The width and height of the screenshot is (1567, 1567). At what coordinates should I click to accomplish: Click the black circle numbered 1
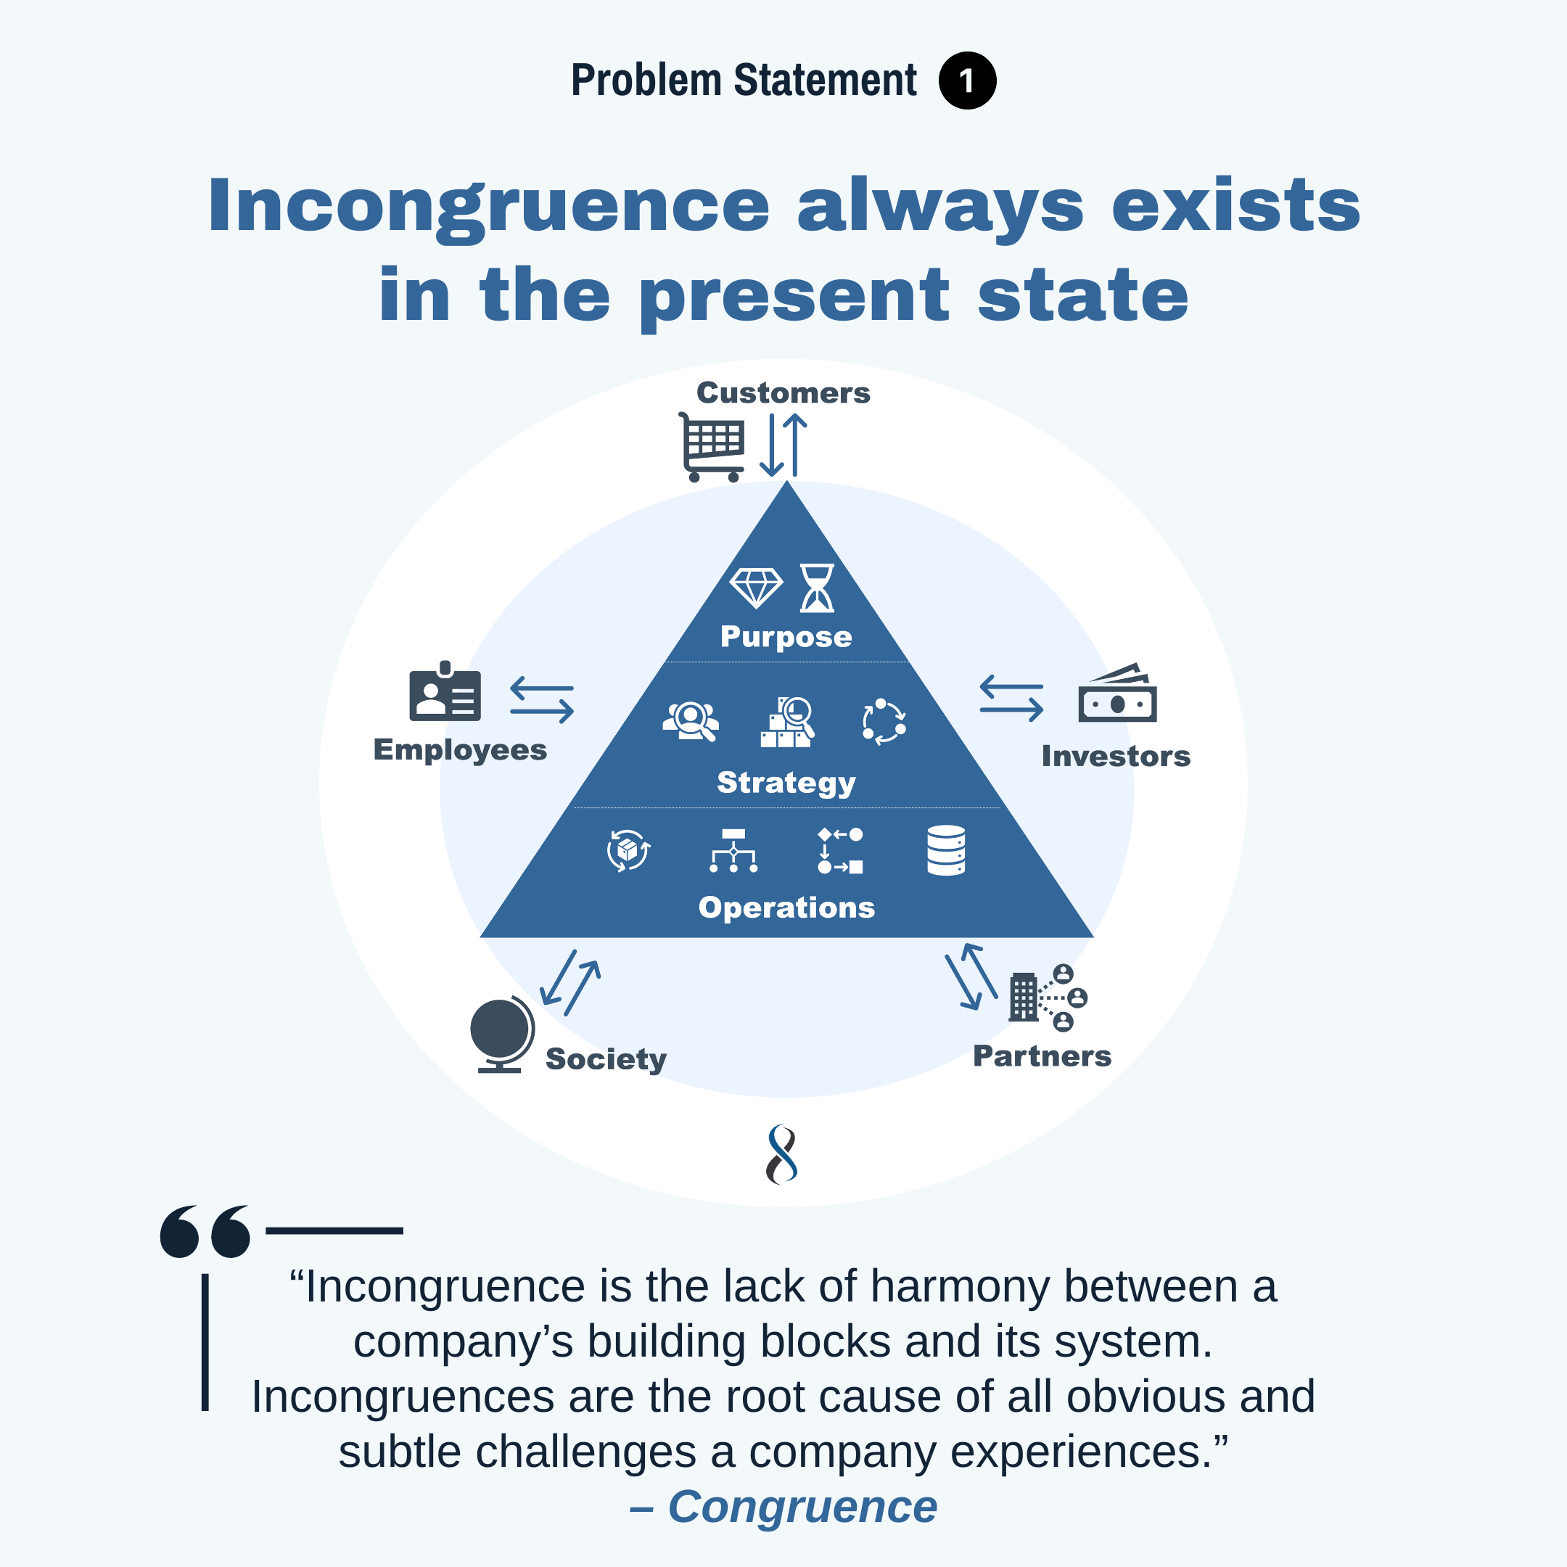(x=967, y=81)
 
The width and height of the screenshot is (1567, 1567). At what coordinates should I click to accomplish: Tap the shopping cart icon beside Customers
(x=711, y=447)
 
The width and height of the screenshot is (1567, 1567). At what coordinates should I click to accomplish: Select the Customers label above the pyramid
(x=783, y=392)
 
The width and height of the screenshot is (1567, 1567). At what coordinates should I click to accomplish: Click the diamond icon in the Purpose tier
(x=756, y=587)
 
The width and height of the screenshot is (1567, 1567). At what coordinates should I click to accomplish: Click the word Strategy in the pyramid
(x=786, y=783)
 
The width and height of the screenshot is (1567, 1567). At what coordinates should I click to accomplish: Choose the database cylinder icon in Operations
(x=946, y=850)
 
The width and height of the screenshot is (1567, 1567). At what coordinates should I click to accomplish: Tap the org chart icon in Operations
(x=733, y=850)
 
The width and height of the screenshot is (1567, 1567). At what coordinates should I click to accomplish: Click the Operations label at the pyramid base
(x=786, y=907)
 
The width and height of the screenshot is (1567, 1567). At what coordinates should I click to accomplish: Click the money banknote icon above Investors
(x=1117, y=694)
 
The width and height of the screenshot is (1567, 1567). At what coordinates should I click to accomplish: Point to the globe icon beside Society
(x=501, y=1033)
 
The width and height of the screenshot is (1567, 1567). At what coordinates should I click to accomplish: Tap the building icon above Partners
(x=1024, y=997)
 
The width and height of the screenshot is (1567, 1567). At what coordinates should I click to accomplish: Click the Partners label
(x=1042, y=1056)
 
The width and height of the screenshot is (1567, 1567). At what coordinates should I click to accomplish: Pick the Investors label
(x=1115, y=756)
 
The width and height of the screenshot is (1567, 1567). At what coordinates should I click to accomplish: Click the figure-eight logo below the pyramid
(x=782, y=1154)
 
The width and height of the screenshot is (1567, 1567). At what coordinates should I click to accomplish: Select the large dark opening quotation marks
(x=205, y=1230)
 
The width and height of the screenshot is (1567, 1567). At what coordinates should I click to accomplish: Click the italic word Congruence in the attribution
(x=802, y=1506)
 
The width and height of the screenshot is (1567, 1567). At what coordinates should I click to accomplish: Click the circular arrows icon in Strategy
(x=884, y=721)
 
